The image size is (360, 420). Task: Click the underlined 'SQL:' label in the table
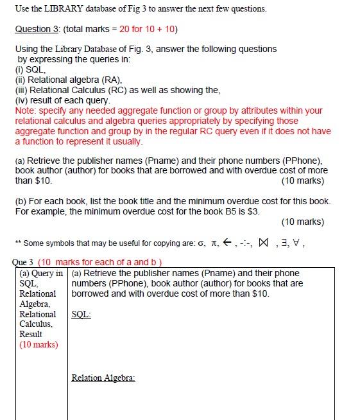[x=81, y=314]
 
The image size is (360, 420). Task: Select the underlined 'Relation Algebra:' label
[x=103, y=378]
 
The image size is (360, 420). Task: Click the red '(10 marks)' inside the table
[x=39, y=344]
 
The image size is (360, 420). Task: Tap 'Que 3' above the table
[x=23, y=262]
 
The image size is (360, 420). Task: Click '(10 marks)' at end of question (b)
[x=302, y=222]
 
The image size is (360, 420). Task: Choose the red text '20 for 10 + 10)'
[x=148, y=29]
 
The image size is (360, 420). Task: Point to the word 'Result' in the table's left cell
[x=31, y=334]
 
